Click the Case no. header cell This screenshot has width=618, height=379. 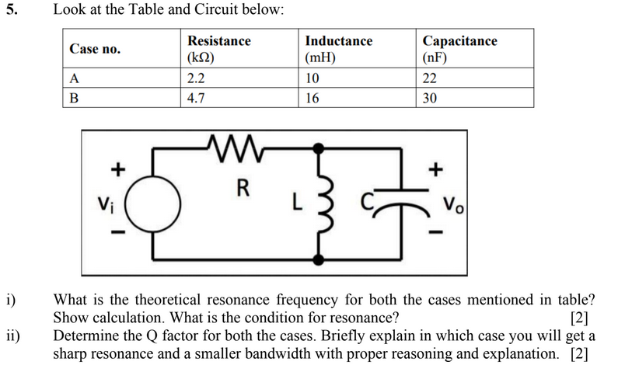pos(95,49)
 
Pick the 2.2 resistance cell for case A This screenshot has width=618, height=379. pos(196,78)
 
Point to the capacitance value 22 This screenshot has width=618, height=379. pos(429,78)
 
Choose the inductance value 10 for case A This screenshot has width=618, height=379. pos(312,78)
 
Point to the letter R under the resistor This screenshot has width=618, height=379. pos(243,189)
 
